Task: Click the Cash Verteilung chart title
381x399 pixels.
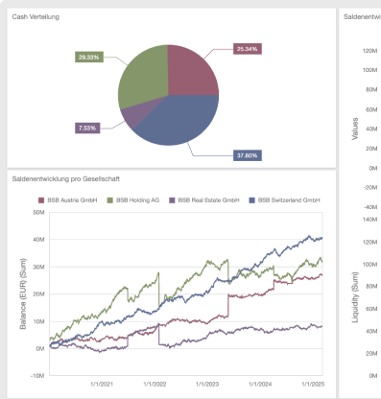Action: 36,16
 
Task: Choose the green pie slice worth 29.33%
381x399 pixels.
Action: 142,77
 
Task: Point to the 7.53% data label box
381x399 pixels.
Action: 87,128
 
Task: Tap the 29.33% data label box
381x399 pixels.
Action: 89,57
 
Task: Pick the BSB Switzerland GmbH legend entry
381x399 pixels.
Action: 283,199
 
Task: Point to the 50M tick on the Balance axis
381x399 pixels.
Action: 38,212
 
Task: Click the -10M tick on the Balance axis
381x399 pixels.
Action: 36,376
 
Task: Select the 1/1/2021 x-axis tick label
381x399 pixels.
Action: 100,384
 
